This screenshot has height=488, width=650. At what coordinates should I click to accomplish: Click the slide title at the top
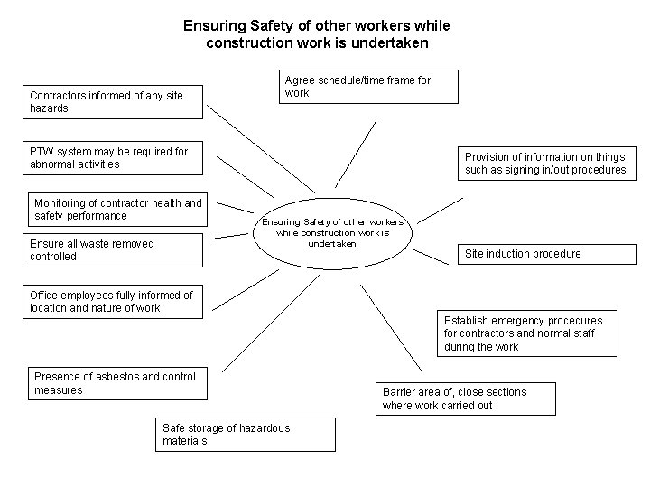tap(315, 34)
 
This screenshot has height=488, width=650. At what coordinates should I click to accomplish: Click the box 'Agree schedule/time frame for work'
tap(368, 87)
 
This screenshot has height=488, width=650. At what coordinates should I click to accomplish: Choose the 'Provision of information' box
tap(545, 163)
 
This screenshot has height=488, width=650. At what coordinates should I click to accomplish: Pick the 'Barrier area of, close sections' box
tap(465, 399)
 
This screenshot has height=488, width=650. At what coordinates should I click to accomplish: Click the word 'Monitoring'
tap(60, 202)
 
